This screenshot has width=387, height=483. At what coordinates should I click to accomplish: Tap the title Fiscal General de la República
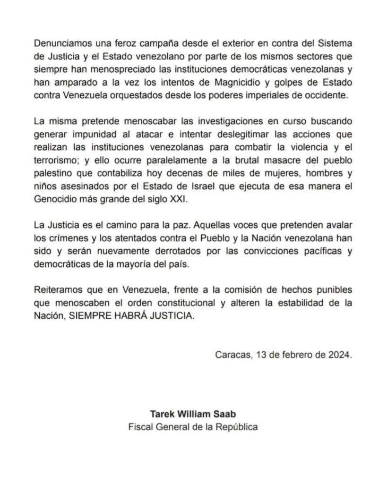[x=193, y=427]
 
